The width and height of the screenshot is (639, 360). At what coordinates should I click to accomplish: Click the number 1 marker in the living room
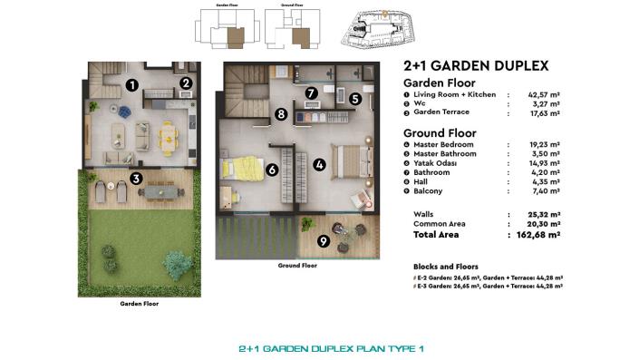pos(131,86)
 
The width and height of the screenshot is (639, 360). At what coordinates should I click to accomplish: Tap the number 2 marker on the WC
pos(185,83)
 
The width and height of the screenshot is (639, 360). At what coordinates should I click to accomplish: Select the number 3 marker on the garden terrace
pos(135,179)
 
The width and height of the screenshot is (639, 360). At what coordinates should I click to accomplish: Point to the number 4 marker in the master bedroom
pos(319,165)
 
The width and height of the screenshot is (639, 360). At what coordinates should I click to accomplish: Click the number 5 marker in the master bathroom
pos(355,100)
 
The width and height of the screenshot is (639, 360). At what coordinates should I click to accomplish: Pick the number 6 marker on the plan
pos(271,169)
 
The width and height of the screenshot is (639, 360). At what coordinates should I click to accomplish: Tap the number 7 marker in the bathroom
pos(310,92)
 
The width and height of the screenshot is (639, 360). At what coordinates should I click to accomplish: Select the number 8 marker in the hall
pos(282,114)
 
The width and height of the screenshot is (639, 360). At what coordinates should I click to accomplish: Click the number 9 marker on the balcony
pos(324,241)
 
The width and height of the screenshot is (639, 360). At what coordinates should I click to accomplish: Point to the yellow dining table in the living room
pos(168,136)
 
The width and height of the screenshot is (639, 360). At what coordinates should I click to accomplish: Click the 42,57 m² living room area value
pos(537,94)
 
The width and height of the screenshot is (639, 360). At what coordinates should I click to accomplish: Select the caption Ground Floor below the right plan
pos(296,267)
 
